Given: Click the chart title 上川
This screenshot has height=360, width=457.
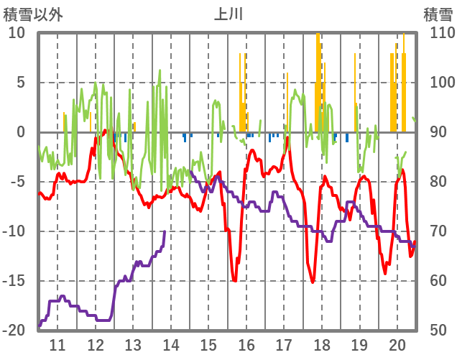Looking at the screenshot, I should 228,14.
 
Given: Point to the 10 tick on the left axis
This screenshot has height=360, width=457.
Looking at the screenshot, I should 17,33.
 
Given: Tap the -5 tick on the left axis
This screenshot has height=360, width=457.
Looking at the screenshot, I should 17,182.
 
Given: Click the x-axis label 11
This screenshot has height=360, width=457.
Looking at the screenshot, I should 57,343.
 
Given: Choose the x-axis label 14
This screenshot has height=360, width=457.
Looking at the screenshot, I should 171,343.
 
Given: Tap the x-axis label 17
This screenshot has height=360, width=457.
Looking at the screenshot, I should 284,343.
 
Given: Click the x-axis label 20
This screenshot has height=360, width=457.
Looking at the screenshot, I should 397,343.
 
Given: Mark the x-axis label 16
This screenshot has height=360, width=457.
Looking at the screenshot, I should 246,343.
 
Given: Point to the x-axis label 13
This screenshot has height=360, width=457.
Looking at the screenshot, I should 133,343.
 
